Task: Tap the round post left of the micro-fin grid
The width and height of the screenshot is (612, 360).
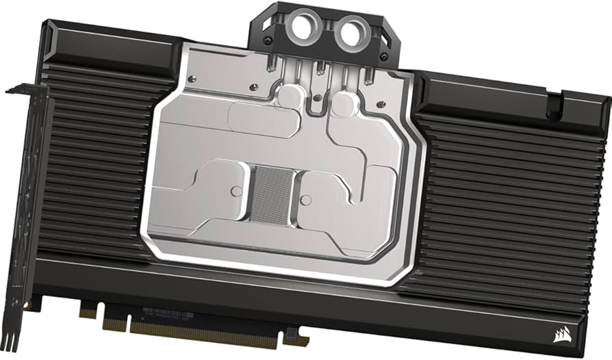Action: coord(237,192)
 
